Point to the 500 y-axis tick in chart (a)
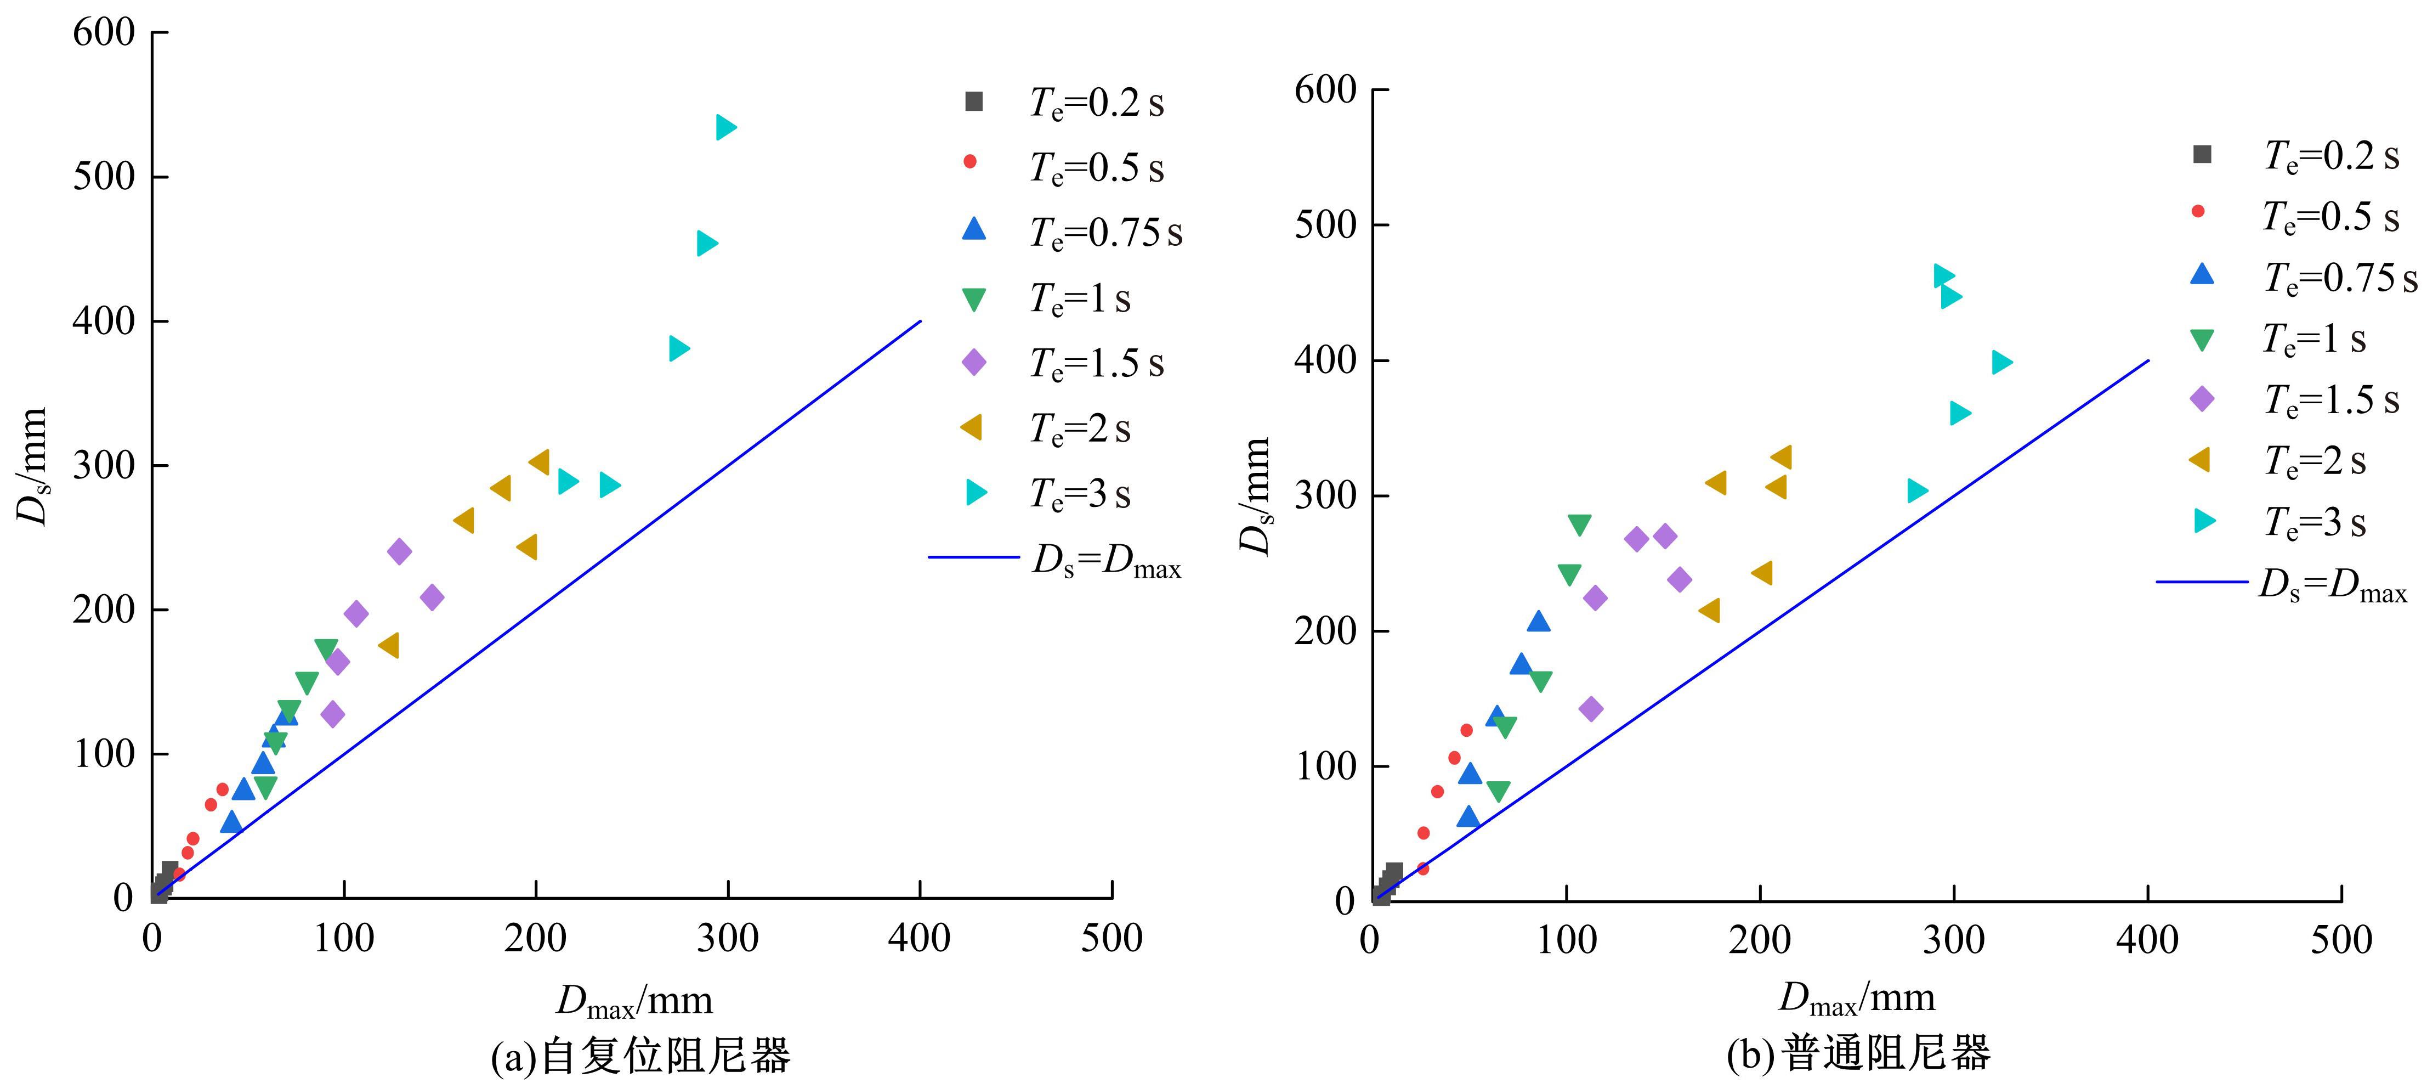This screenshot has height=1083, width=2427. pos(104,176)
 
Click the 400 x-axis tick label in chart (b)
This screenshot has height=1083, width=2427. pos(2147,940)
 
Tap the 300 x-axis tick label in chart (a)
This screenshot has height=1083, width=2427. pos(727,938)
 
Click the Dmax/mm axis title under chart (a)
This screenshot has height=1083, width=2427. pos(634,1000)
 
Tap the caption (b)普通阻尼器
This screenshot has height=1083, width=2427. pos(1858,1053)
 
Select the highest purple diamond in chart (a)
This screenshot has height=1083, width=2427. pos(400,551)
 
